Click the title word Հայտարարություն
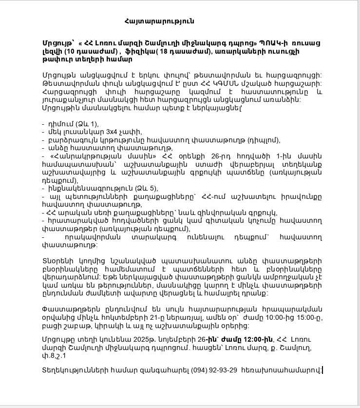coord(159,21)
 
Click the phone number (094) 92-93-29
coord(214,370)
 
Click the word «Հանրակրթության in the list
coord(80,156)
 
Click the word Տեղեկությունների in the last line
coord(74,370)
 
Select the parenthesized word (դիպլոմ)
coord(264,140)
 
